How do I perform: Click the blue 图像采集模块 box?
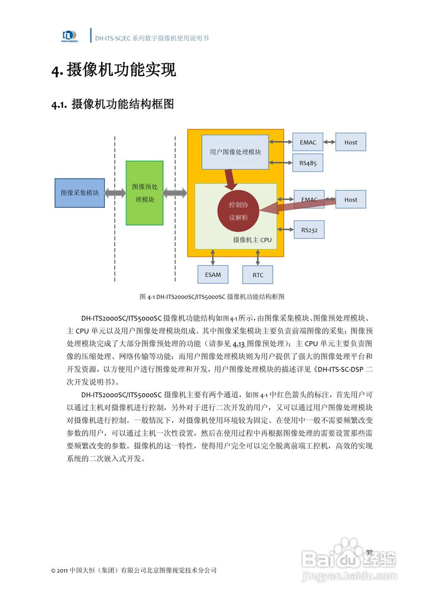pyautogui.click(x=80, y=193)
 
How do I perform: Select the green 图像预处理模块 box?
pyautogui.click(x=145, y=193)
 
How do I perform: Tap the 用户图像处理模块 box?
pyautogui.click(x=235, y=152)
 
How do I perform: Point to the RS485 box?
pyautogui.click(x=308, y=163)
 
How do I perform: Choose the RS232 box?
pyautogui.click(x=309, y=230)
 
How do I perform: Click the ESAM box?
pyautogui.click(x=213, y=274)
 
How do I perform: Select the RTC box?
pyautogui.click(x=258, y=275)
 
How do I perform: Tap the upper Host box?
pyautogui.click(x=350, y=142)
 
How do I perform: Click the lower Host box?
pyautogui.click(x=350, y=199)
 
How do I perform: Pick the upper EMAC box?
pyautogui.click(x=308, y=142)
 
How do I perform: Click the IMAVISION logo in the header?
pyautogui.click(x=69, y=36)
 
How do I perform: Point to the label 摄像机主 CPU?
pyautogui.click(x=252, y=240)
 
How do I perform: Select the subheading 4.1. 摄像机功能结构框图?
pyautogui.click(x=112, y=104)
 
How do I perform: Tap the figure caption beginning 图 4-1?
pyautogui.click(x=212, y=297)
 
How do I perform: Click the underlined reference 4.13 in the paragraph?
pyautogui.click(x=239, y=342)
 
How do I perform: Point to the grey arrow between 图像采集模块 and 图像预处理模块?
pyautogui.click(x=115, y=193)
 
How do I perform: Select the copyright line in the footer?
pyautogui.click(x=134, y=570)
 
